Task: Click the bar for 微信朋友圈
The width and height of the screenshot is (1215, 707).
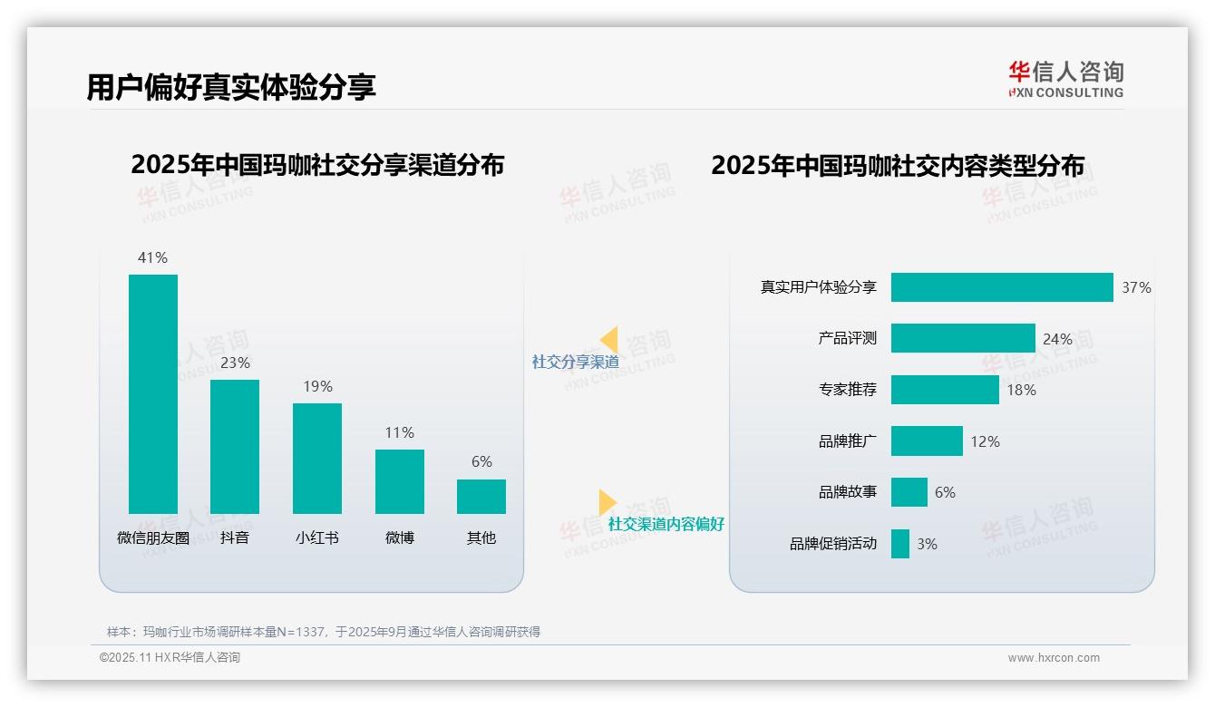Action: coord(153,394)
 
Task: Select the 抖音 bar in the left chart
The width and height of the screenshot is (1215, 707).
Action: coord(235,447)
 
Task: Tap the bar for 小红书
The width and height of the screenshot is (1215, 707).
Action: coord(317,459)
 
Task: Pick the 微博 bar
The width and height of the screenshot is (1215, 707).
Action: coord(400,481)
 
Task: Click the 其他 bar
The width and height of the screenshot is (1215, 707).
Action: coord(481,497)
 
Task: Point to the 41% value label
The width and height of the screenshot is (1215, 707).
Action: coord(152,257)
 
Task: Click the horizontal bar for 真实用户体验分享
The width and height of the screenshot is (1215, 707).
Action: coord(1002,287)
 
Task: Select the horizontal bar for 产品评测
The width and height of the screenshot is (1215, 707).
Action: coord(963,338)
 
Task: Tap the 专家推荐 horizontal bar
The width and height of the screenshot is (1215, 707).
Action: coord(945,390)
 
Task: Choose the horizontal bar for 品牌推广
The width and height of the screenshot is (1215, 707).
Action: coord(927,441)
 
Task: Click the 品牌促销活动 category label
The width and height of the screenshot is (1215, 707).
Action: coord(833,544)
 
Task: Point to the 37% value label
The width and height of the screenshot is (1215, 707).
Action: coord(1136,287)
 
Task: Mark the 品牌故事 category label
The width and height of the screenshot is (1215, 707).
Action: coord(848,492)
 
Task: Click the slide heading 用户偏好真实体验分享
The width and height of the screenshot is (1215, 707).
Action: coord(231,87)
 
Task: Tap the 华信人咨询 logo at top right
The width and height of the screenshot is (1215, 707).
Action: coord(1065,79)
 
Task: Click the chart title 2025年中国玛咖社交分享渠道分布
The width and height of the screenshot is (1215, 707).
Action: coord(317,165)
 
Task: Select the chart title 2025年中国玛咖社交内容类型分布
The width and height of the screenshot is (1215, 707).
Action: coord(898,165)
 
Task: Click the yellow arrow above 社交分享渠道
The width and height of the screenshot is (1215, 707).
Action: coord(608,339)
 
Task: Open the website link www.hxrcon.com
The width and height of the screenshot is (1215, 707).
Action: coord(1054,658)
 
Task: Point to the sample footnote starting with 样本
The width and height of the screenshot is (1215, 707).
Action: coord(324,632)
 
